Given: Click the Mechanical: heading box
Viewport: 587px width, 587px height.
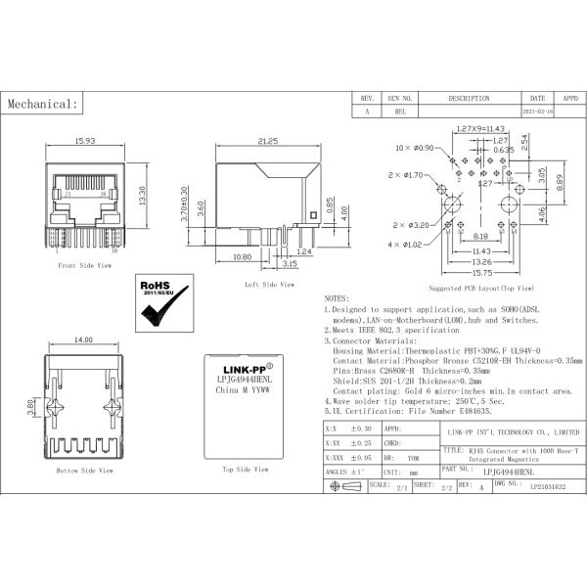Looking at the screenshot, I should [42, 104].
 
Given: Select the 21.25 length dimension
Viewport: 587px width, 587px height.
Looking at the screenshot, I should [268, 143].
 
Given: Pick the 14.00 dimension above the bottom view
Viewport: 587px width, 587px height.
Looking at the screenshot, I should [83, 339].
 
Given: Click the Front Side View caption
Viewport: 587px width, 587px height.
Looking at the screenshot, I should [81, 265].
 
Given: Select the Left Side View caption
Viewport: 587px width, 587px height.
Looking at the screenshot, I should [269, 285].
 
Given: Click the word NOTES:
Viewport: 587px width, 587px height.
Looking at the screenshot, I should [336, 297].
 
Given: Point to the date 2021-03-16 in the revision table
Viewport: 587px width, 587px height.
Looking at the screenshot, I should [538, 113].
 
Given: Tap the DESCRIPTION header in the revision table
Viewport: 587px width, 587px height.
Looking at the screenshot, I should [470, 99].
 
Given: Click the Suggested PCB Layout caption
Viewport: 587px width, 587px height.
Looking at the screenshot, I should [480, 290].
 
